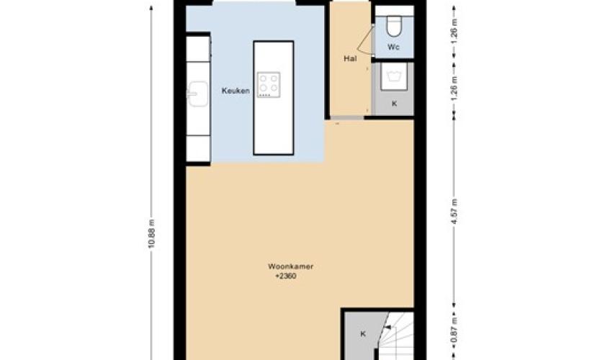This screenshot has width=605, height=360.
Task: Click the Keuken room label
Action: tap(236, 91)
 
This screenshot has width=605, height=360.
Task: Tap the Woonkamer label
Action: tap(290, 266)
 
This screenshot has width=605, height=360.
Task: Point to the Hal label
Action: tap(350, 58)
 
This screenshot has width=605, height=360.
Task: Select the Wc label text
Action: tap(393, 47)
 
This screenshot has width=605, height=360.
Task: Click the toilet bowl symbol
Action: tap(395, 26)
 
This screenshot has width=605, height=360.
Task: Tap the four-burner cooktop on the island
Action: tap(269, 85)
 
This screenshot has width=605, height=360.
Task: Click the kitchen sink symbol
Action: tap(197, 94)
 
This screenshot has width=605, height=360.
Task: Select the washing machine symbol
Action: tap(394, 76)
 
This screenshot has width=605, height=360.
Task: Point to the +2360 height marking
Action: tap(286, 276)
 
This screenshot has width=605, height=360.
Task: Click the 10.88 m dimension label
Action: tap(151, 234)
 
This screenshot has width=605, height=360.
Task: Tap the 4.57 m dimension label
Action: tap(454, 212)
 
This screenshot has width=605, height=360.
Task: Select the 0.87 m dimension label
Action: tap(454, 330)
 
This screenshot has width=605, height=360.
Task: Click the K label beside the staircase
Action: tap(363, 334)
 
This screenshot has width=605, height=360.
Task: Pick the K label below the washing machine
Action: tap(394, 104)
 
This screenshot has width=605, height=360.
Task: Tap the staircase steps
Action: tap(395, 336)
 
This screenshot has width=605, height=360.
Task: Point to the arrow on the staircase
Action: tap(387, 328)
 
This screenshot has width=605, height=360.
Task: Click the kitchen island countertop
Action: tap(273, 98)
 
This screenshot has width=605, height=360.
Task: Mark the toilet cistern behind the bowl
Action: tap(395, 11)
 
